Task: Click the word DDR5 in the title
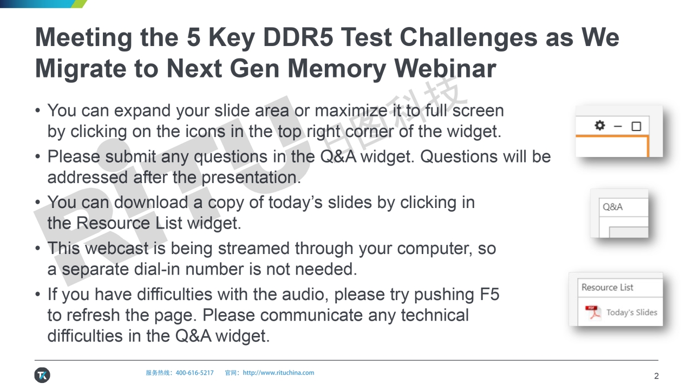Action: (x=298, y=37)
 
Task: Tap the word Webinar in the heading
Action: (x=445, y=68)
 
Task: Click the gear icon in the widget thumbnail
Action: (x=599, y=125)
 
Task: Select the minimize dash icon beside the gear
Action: (x=618, y=126)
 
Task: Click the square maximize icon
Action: (x=636, y=126)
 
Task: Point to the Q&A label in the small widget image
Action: (x=612, y=206)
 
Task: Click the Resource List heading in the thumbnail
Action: (x=607, y=287)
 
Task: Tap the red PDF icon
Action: (x=593, y=313)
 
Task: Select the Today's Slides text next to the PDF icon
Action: (x=632, y=313)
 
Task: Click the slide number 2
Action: (x=657, y=376)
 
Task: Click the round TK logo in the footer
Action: (x=42, y=375)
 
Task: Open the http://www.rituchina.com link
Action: (x=278, y=373)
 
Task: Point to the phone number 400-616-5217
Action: (x=194, y=373)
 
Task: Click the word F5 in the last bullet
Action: (x=489, y=294)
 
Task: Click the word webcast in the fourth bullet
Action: (x=116, y=248)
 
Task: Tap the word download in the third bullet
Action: (x=151, y=203)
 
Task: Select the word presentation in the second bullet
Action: (x=251, y=177)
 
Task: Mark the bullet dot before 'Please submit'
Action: (x=37, y=157)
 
